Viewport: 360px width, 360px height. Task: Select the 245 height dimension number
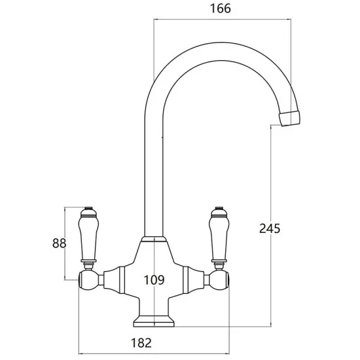pyautogui.click(x=270, y=228)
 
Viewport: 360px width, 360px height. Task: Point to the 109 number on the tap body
pyautogui.click(x=154, y=281)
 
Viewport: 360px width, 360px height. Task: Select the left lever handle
pyautogui.click(x=87, y=238)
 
